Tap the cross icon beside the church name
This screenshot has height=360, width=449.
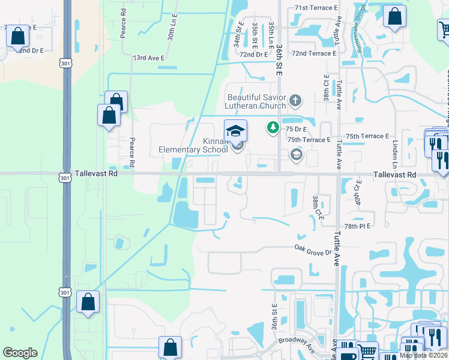click(x=295, y=100)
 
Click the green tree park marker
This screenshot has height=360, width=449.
click(x=273, y=127)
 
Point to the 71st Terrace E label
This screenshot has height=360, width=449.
click(x=316, y=8)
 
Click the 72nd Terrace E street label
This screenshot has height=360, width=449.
click(x=313, y=53)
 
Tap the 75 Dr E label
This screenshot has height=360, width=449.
click(x=297, y=129)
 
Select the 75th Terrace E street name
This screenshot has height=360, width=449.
click(x=309, y=139)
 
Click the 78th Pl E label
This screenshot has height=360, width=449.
click(x=359, y=226)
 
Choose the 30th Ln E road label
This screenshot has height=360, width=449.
click(x=171, y=28)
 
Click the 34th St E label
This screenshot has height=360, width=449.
click(x=238, y=33)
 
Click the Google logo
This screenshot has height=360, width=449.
click(x=20, y=353)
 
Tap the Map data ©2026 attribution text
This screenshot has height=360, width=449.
click(x=423, y=355)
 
